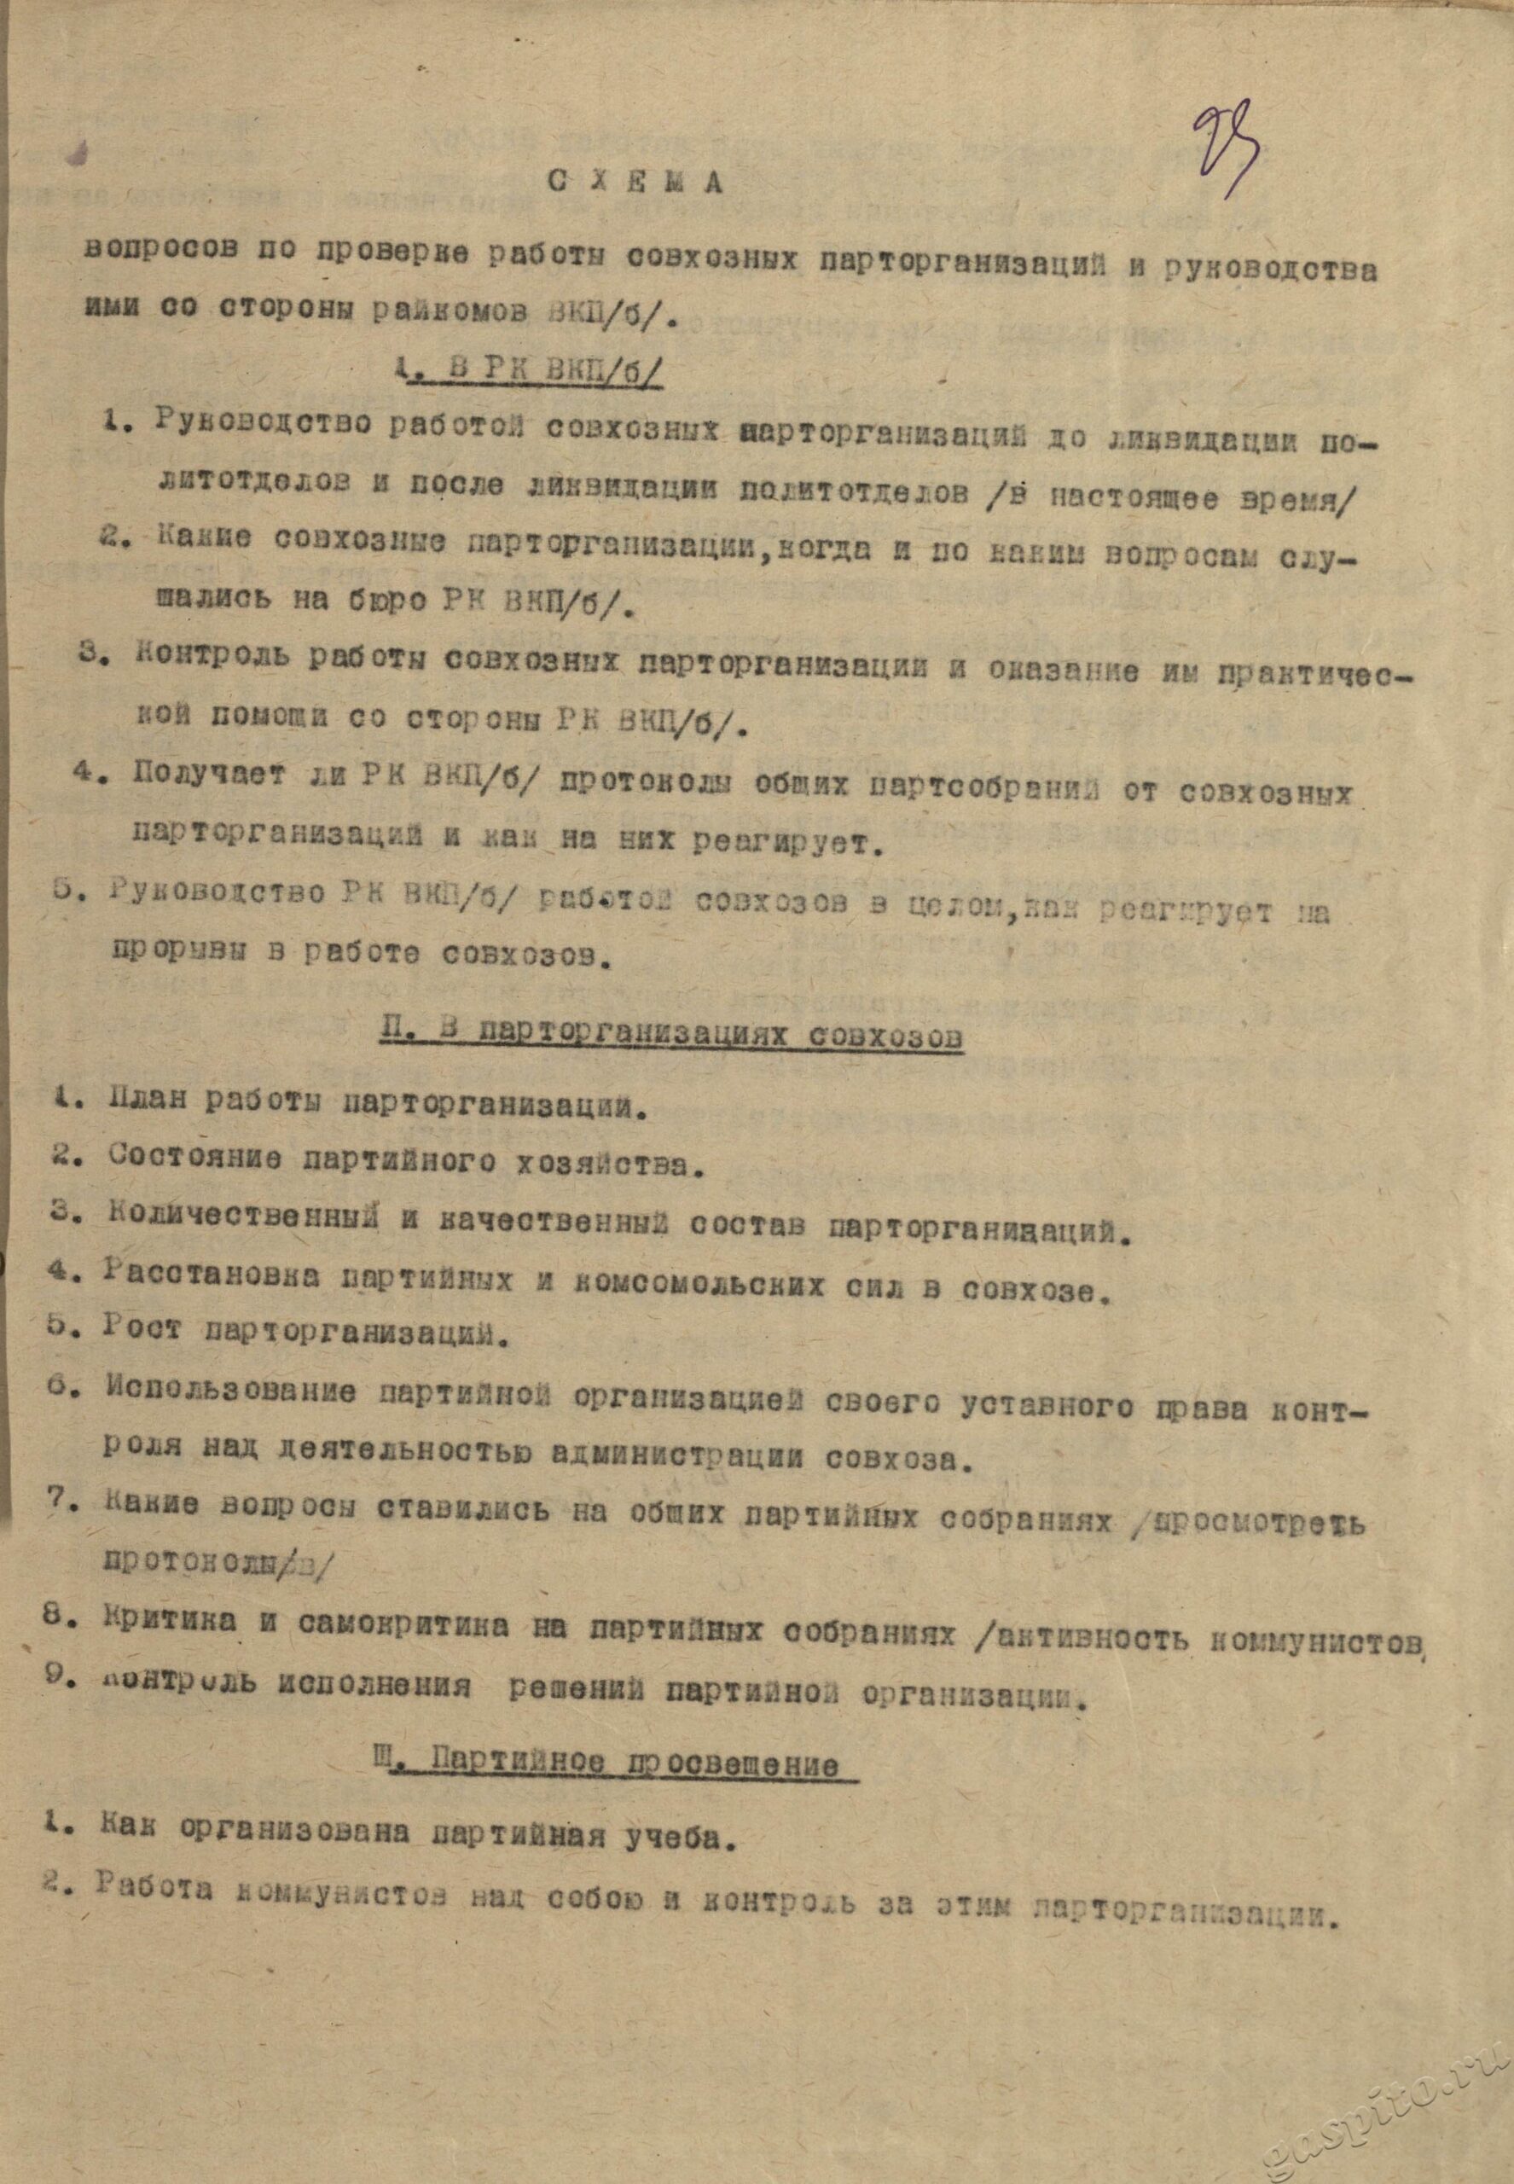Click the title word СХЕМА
point(635,183)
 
